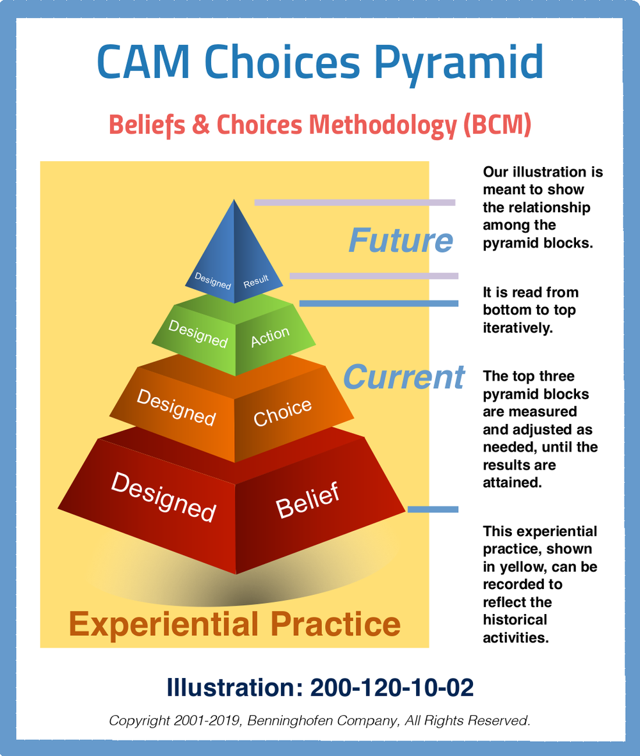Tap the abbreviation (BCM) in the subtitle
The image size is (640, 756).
click(497, 124)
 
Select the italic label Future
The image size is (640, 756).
click(401, 240)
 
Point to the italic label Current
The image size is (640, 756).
click(404, 377)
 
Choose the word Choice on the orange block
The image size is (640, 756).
click(282, 413)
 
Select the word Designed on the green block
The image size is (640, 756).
click(198, 333)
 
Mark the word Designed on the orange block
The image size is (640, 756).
click(176, 407)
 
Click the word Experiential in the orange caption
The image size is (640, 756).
click(164, 624)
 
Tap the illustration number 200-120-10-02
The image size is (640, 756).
click(392, 688)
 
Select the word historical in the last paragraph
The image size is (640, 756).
click(515, 620)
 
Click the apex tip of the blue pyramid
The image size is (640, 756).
click(234, 200)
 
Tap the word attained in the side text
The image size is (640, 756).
click(512, 482)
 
